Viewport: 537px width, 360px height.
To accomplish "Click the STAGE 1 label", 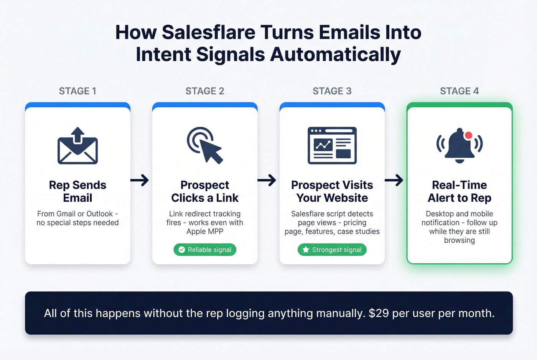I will (77, 91).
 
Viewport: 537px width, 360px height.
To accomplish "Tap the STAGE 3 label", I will (332, 91).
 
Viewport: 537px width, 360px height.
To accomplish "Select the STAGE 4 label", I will (459, 91).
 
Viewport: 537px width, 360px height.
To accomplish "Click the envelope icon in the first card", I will (77, 146).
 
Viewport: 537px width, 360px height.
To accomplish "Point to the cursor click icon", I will (205, 145).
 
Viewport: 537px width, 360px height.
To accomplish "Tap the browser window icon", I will (332, 145).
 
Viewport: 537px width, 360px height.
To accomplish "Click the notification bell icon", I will (459, 145).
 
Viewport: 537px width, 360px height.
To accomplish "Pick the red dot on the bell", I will (468, 135).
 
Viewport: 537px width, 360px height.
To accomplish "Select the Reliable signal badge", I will (205, 250).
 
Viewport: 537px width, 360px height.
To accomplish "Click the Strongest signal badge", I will (332, 250).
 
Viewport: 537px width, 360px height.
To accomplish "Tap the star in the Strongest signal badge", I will (306, 250).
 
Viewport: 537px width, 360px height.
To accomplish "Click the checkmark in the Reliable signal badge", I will (182, 250).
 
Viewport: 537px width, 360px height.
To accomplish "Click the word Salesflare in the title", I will (208, 32).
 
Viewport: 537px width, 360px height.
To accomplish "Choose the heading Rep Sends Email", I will (77, 191).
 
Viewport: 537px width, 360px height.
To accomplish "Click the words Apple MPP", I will (205, 231).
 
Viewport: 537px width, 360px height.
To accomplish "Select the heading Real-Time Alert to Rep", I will (459, 191).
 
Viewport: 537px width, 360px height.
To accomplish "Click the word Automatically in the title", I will (335, 54).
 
